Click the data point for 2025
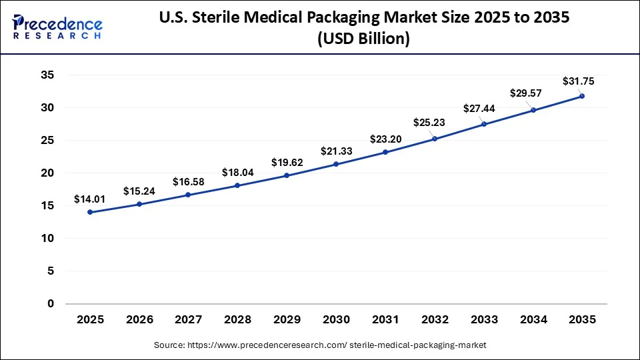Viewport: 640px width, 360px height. point(90,212)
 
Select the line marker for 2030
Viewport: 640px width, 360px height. point(336,164)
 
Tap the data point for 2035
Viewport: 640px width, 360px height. point(582,96)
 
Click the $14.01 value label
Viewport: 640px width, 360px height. point(90,198)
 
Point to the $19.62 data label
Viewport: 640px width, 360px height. point(287,162)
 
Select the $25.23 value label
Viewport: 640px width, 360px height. point(435,122)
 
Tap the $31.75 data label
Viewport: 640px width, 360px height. point(578,81)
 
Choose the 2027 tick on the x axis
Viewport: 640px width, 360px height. point(189,320)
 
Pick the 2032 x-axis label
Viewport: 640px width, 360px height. point(435,320)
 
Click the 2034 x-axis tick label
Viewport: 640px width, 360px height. point(533,320)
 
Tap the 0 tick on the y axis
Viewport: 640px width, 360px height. point(50,304)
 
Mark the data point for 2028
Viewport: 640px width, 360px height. point(237,185)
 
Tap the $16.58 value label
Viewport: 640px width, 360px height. point(189,181)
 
